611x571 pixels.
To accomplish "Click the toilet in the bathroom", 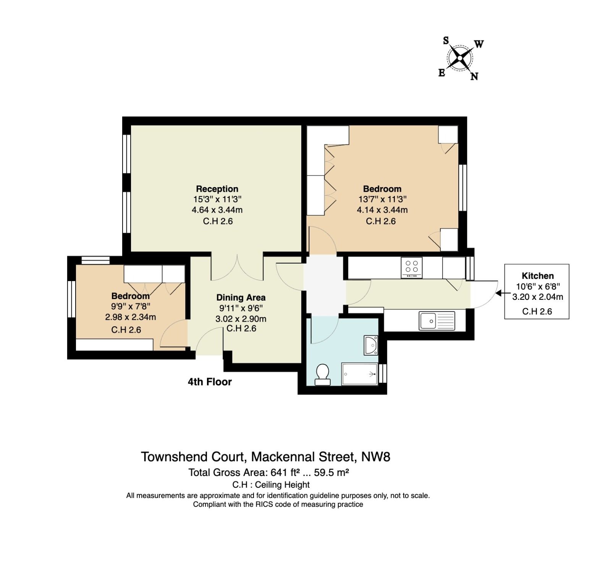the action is point(323,374).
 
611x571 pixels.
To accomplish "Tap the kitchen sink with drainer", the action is point(437,320).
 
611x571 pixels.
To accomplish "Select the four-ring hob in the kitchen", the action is point(412,267).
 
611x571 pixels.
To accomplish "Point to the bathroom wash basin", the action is point(371,345).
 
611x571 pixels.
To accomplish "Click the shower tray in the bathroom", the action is point(359,374).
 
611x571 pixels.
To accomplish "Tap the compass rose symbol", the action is point(460,58).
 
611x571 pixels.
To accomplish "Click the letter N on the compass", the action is point(474,76).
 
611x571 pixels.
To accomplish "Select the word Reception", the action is point(217,189).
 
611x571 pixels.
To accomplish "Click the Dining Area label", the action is point(241,298).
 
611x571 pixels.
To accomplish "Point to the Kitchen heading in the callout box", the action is point(538,276).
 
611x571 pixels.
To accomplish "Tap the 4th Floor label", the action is point(210,382).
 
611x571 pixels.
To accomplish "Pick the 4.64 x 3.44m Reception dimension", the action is point(217,210).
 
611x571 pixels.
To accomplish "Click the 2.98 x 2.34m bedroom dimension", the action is point(131,317).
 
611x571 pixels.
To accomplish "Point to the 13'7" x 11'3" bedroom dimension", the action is point(382,199).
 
